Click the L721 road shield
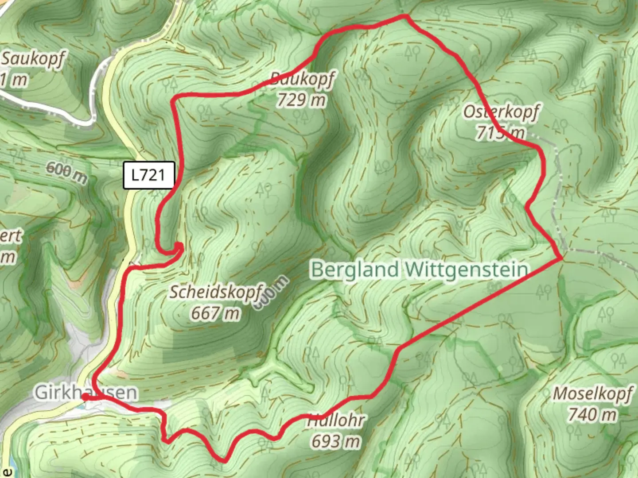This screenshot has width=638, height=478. click(x=149, y=175)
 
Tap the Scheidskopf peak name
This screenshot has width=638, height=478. click(x=217, y=292)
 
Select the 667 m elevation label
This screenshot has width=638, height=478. click(x=215, y=313)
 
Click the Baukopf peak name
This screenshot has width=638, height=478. click(x=302, y=79)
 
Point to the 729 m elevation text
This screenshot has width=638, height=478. click(x=301, y=100)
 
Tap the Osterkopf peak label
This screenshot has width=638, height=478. click(x=502, y=112)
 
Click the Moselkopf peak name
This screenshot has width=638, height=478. click(x=593, y=393)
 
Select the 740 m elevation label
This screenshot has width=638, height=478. click(x=592, y=415)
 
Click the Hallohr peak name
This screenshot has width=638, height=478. click(x=337, y=420)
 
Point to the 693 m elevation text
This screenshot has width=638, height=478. click(x=335, y=441)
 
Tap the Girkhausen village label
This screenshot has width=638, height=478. click(x=86, y=392)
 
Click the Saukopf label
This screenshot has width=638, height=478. click(x=33, y=58)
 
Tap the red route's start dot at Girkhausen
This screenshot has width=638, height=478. click(x=85, y=397)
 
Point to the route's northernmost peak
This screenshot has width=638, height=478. click(x=405, y=16)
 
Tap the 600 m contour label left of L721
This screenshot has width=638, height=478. click(x=67, y=173)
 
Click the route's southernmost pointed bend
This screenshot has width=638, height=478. click(x=225, y=461)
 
